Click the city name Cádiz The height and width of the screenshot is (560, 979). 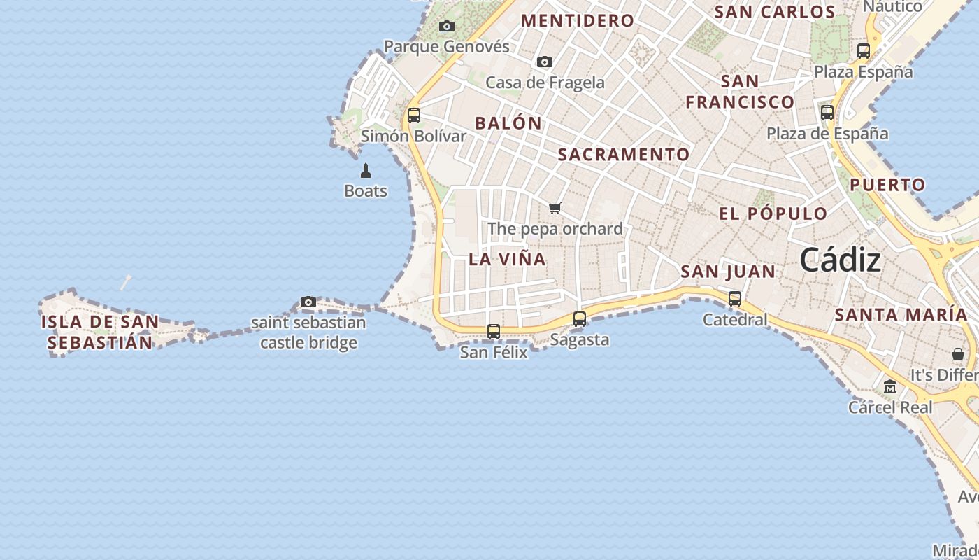pos(840,260)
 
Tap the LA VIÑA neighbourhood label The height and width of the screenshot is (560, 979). pos(507,259)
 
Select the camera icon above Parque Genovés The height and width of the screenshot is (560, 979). pos(447,27)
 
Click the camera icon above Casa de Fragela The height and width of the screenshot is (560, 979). pos(545,62)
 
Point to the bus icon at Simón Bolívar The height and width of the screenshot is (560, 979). pos(414,115)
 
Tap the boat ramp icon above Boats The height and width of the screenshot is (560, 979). pos(365,171)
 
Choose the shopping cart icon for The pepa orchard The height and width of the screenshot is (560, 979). pos(555,208)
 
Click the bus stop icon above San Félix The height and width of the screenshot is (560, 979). pos(494,332)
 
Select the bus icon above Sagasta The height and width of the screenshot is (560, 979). pos(580,319)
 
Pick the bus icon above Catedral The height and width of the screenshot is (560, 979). pos(735,299)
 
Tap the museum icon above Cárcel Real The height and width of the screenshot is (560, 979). pos(890,386)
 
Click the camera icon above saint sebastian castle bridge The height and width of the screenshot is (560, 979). pos(308,302)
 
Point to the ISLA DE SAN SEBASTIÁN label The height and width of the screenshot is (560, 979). pos(99,332)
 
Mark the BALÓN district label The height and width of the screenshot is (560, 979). pos(508,123)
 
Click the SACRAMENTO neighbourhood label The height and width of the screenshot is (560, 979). pos(624,155)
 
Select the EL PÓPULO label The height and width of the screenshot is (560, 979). pos(773,214)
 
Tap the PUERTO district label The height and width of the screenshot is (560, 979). pos(887,185)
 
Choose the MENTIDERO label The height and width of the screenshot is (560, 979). pos(578,21)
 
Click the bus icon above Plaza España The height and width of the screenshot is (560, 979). pos(864,51)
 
